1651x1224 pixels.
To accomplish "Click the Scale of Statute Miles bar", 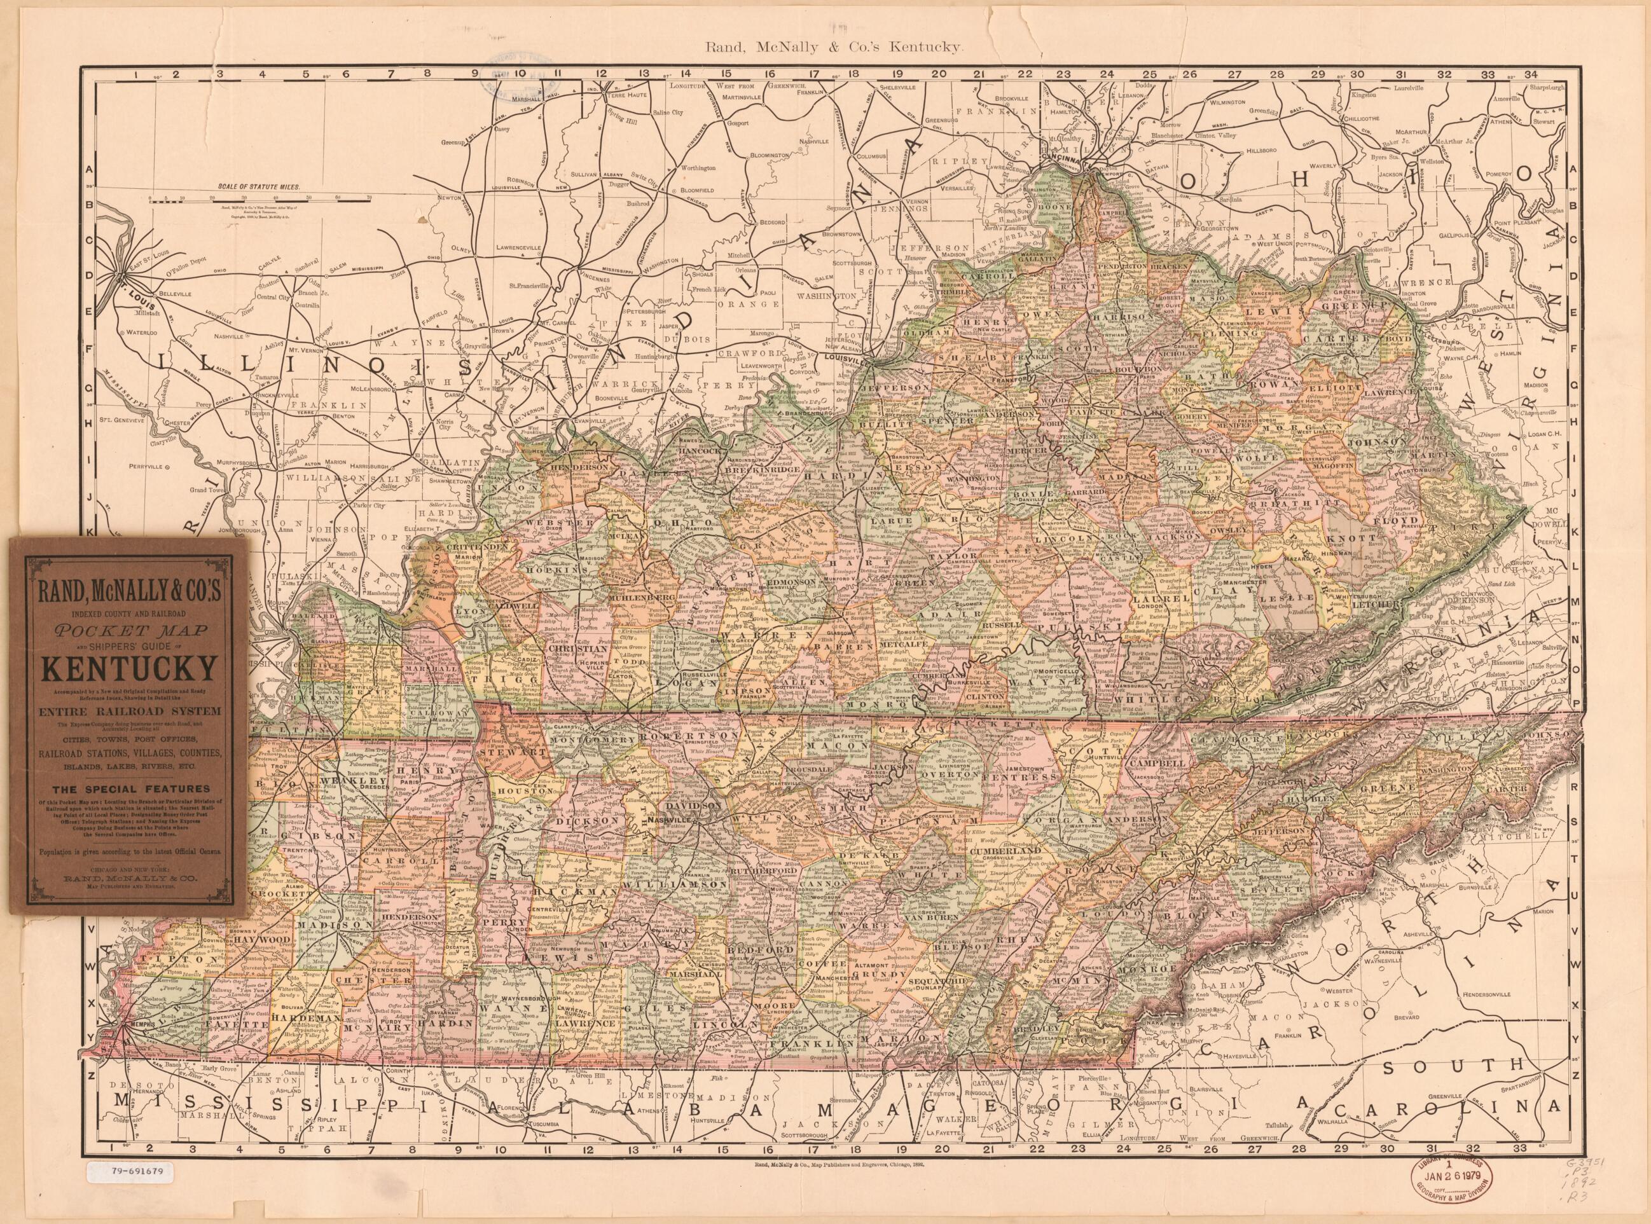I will click(258, 198).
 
